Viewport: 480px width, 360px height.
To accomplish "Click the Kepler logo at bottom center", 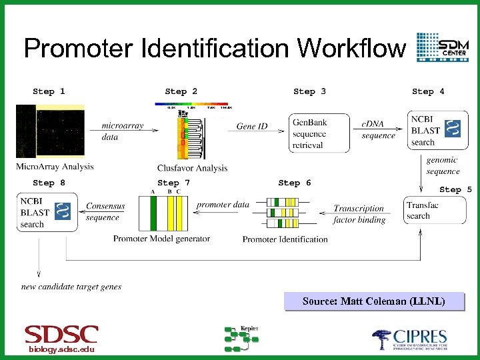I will click(x=241, y=338).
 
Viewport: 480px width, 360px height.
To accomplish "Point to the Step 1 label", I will click(x=49, y=91).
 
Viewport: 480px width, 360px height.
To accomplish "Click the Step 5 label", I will click(x=455, y=189).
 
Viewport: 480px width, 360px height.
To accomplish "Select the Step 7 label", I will click(x=173, y=183).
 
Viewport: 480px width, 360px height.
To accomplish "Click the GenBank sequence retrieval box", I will click(x=319, y=133).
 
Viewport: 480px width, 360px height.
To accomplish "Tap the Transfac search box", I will click(x=425, y=210).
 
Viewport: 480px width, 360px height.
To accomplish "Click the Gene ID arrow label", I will click(x=252, y=126).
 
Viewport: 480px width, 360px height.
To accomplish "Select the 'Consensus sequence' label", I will click(x=105, y=212).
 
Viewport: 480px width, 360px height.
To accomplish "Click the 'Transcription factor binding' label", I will click(x=359, y=214).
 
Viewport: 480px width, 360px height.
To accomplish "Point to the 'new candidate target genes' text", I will click(x=71, y=287).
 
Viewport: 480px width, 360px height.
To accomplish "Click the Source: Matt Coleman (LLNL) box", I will click(x=373, y=301).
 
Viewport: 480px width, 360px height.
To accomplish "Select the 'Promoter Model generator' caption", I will click(x=161, y=239).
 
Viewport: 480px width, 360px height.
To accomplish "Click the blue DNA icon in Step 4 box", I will click(x=452, y=128).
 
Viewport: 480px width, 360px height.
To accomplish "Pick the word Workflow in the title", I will click(x=351, y=48).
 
